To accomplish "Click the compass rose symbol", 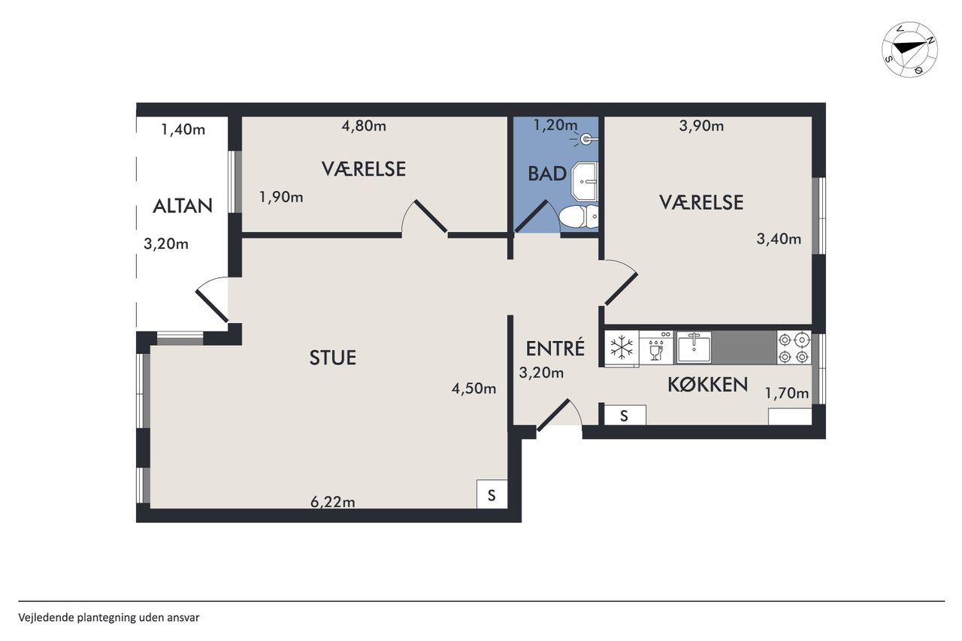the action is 909,50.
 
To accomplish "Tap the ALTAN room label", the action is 183,206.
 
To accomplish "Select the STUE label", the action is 333,358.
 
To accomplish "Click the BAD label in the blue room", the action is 546,174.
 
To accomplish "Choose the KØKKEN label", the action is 708,384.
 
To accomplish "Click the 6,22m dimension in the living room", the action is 333,501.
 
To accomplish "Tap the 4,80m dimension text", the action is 364,125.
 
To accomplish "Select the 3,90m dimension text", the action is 701,125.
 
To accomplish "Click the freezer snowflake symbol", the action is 622,348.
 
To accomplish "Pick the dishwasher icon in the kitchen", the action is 656,348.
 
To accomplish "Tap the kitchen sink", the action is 694,347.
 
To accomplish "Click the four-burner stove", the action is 794,348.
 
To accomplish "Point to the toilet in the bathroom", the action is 578,217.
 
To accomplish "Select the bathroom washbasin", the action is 585,181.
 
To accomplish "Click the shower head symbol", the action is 585,139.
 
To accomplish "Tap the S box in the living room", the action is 492,494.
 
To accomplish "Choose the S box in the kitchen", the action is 625,415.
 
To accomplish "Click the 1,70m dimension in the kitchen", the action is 787,393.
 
